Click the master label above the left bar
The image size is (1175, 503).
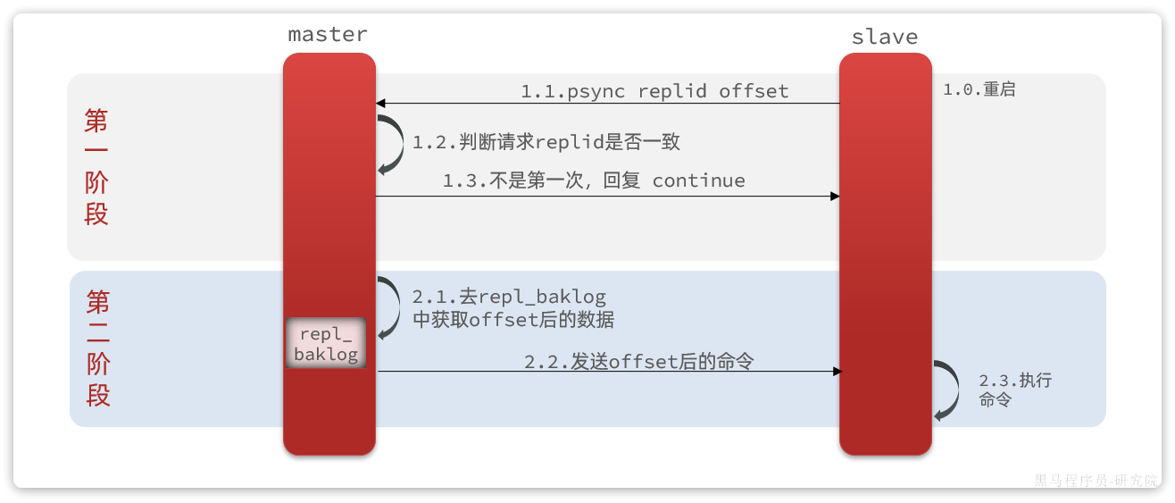pos(328,35)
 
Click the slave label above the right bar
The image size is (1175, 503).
pos(884,37)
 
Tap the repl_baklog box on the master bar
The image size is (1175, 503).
pos(326,344)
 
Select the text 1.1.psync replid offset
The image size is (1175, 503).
pos(654,91)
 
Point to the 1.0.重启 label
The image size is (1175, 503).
pos(979,89)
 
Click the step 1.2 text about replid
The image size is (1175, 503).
pos(546,142)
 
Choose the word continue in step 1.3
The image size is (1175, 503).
pos(698,180)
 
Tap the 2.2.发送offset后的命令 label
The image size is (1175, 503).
pos(638,361)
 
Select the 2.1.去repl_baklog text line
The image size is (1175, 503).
pos(509,297)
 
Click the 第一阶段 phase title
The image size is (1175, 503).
pos(96,167)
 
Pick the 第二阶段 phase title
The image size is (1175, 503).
pos(98,348)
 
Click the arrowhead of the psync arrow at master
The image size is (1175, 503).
pos(380,103)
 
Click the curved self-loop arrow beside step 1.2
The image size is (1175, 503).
pos(391,143)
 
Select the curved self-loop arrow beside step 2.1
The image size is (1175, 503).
pos(391,307)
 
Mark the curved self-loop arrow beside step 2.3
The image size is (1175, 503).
pos(946,390)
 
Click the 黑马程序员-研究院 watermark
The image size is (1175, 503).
pos(1096,480)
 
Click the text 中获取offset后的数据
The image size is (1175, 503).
pos(513,319)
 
